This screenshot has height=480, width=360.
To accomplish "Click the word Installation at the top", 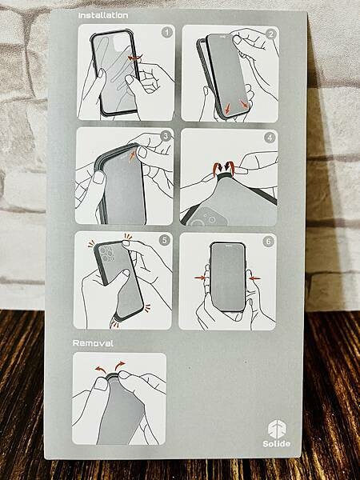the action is coord(103,15).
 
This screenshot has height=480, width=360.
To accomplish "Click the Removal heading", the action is coord(93,343).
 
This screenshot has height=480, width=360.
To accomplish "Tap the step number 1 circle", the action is coord(167,32).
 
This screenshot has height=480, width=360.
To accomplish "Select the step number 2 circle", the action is coord(270,34).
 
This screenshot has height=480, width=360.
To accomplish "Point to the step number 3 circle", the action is coord(166,136).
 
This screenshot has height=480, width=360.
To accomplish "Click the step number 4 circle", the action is coord(270,138).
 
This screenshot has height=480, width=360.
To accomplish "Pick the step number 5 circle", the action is coord(164,240).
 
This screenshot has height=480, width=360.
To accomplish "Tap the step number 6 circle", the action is coord(268,242).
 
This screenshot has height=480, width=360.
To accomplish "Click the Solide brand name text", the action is coord(277,443).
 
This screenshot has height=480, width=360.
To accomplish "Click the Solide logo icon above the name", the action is coord(277,430).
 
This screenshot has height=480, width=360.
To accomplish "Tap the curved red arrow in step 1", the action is coord(135,58).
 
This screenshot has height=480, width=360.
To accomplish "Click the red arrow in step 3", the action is coord(132,155).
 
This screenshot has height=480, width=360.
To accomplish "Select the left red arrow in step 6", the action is coord(200,278).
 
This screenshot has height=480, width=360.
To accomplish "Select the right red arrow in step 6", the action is coord(254,278).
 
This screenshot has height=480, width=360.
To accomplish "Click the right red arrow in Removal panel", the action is coord(120,366).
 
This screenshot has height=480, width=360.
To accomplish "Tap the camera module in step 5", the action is coord(106,252).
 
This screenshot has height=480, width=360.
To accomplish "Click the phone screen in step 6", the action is coord(228,277).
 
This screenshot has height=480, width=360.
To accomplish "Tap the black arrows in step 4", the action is coord(223,167).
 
